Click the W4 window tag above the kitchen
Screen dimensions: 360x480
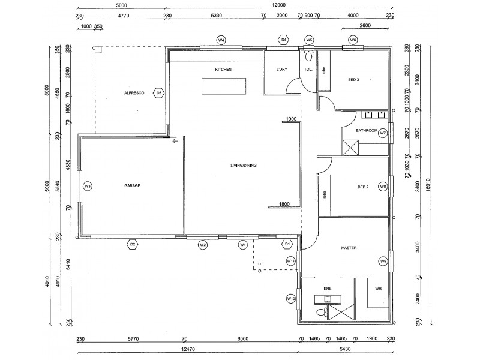pyautogui.click(x=221, y=40)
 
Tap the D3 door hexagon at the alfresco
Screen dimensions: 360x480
pyautogui.click(x=159, y=93)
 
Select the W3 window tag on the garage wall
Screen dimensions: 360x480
pyautogui.click(x=88, y=186)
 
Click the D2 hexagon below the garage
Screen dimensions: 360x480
pyautogui.click(x=133, y=244)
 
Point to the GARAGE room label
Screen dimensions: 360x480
pyautogui.click(x=132, y=186)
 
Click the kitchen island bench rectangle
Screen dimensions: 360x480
pyautogui.click(x=223, y=88)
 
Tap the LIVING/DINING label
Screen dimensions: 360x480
pyautogui.click(x=244, y=166)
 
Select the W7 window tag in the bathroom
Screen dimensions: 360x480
pyautogui.click(x=382, y=133)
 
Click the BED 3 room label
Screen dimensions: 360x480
pyautogui.click(x=354, y=80)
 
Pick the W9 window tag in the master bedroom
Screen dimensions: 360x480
pyautogui.click(x=382, y=261)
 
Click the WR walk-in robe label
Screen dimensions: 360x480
pyautogui.click(x=378, y=289)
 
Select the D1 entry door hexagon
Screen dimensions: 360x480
pyautogui.click(x=287, y=244)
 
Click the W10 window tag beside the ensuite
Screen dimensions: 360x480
pyautogui.click(x=291, y=298)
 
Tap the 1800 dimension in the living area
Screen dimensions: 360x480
pyautogui.click(x=284, y=205)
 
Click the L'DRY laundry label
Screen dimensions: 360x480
pyautogui.click(x=282, y=70)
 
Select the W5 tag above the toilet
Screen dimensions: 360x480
pyautogui.click(x=309, y=40)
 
